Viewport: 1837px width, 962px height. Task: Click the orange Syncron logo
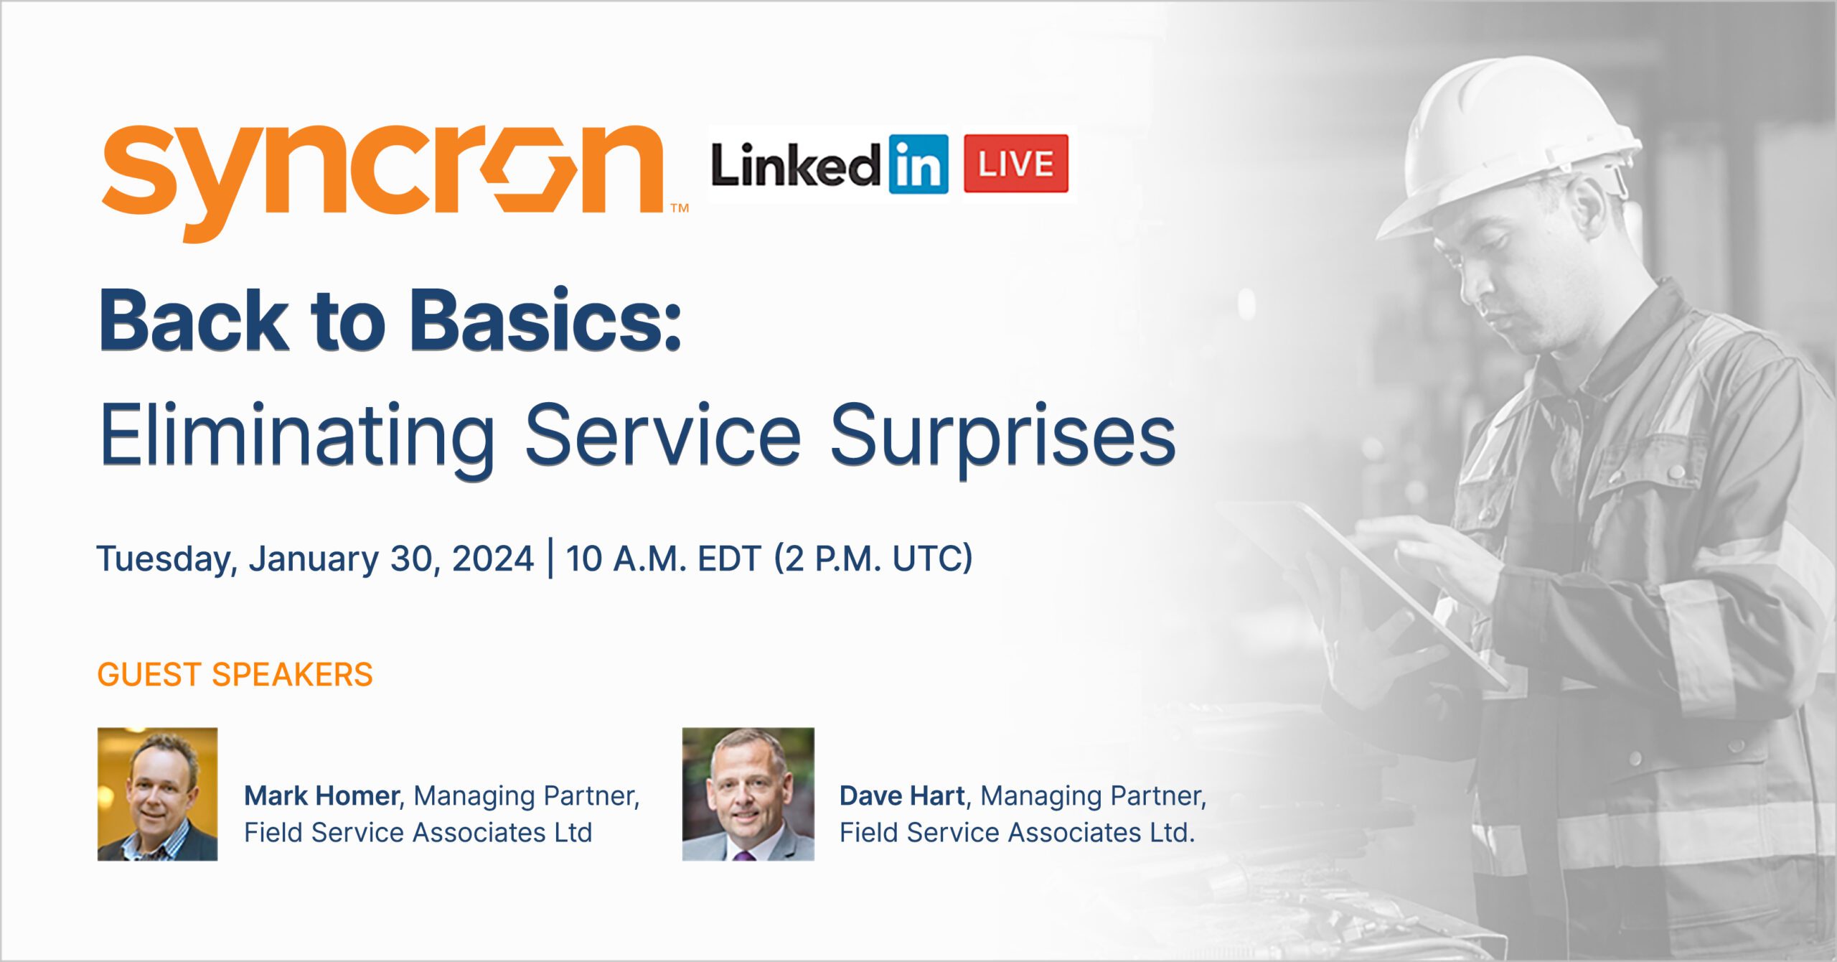384,183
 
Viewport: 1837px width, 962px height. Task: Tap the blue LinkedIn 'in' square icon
918,164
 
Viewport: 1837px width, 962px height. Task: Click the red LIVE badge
1015,164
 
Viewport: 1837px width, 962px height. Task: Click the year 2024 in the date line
493,559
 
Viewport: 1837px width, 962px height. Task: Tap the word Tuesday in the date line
167,559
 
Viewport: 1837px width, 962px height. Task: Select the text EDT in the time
729,559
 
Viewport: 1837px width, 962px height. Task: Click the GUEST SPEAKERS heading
235,675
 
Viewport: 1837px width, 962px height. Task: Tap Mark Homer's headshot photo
157,794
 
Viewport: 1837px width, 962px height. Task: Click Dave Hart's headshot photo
748,794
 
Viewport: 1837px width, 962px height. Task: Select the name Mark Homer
322,795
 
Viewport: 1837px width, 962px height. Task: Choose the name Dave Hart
902,795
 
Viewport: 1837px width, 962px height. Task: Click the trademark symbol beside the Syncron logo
680,208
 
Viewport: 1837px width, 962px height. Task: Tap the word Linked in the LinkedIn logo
795,165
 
